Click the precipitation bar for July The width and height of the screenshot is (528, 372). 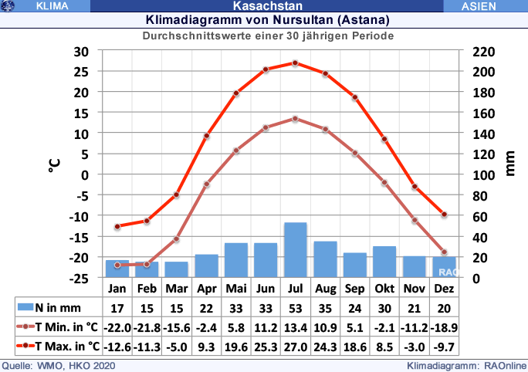pyautogui.click(x=296, y=249)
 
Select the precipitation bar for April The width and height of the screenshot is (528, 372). pyautogui.click(x=206, y=265)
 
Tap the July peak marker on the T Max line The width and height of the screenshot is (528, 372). pyautogui.click(x=296, y=63)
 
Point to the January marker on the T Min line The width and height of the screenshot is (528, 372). pyautogui.click(x=117, y=265)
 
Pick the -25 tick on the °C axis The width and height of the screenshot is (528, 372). pyautogui.click(x=80, y=277)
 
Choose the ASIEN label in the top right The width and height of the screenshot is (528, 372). pyautogui.click(x=484, y=6)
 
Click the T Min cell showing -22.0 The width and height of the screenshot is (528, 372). pyautogui.click(x=117, y=326)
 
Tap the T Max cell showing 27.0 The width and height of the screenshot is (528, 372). pyautogui.click(x=296, y=345)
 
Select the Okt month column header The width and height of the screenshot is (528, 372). pyautogui.click(x=384, y=288)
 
